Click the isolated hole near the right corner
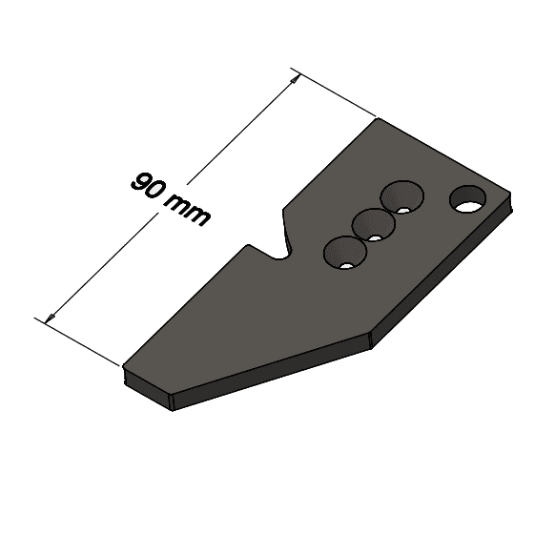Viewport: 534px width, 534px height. click(x=467, y=199)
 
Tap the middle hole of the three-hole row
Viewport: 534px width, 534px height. click(x=374, y=225)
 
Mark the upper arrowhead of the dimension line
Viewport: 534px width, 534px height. click(x=297, y=77)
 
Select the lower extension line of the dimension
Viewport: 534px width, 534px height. click(x=82, y=340)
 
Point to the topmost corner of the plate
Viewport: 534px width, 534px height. click(x=377, y=119)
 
